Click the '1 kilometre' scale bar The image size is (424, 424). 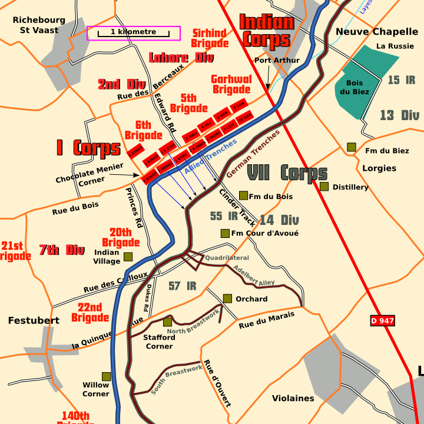[134, 34]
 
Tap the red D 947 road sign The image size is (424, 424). [382, 321]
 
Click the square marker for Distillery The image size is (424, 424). [324, 187]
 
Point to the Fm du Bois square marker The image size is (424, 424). [243, 196]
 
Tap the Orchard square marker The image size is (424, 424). [227, 299]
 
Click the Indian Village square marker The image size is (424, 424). [128, 257]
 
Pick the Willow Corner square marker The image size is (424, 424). [106, 376]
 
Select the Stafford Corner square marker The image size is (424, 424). [167, 322]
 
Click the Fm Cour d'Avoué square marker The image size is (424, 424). [224, 233]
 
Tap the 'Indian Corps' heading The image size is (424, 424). [267, 31]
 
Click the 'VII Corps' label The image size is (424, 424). [287, 173]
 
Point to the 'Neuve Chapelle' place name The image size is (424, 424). [364, 31]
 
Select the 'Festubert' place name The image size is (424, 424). [34, 320]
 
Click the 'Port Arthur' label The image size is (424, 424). [277, 60]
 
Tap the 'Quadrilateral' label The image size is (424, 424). [227, 258]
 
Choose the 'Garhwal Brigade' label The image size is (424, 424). [231, 84]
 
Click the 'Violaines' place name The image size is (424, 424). [293, 398]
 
